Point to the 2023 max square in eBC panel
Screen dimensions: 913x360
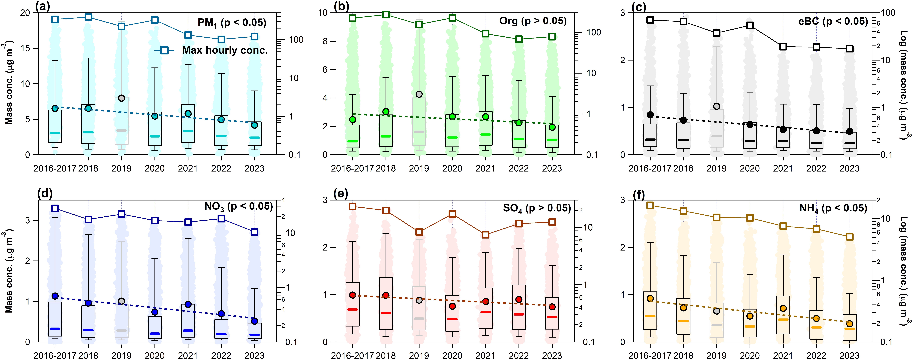[x=850, y=49]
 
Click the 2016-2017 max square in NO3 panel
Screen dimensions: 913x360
[x=55, y=208]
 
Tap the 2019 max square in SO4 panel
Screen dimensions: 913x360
[x=419, y=232]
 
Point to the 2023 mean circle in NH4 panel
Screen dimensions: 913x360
[x=850, y=324]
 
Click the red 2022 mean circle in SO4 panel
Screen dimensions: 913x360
[x=519, y=299]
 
